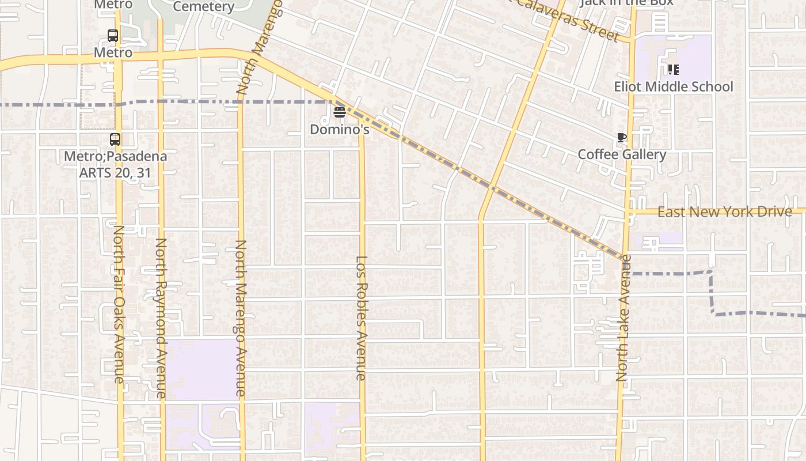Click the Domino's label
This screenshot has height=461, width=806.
point(339,129)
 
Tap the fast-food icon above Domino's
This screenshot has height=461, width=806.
point(339,112)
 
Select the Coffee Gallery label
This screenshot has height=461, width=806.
point(622,154)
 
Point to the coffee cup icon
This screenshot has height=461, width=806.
point(621,138)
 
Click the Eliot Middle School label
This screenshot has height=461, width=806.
point(674,86)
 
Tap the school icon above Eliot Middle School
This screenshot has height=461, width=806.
point(673,70)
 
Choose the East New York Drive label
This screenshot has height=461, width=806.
point(725,211)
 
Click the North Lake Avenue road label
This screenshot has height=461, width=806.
point(623,318)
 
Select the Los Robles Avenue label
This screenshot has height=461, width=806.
point(362,318)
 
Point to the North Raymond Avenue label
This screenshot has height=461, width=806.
point(161,318)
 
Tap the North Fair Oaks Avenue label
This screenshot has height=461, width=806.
point(118,304)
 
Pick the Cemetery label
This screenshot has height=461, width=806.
point(203,7)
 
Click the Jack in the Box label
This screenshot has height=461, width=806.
point(626,2)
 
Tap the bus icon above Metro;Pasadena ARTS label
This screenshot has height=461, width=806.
point(115,139)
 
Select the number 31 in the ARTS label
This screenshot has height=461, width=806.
point(144,172)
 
